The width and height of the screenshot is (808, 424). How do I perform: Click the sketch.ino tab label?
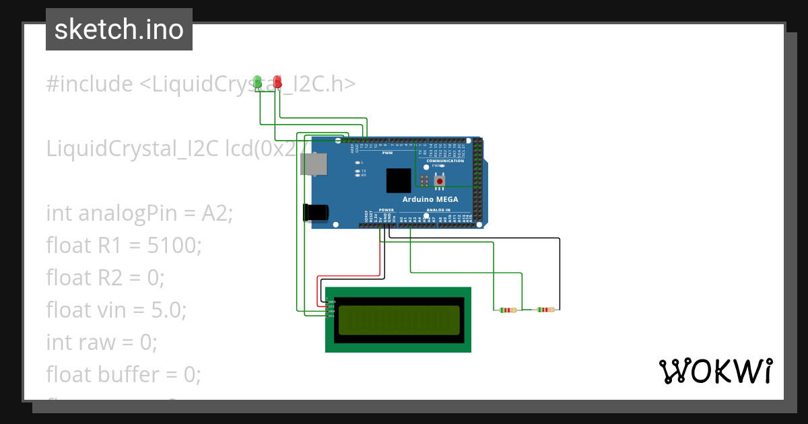coord(119,30)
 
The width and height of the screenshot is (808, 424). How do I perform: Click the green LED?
coord(257,82)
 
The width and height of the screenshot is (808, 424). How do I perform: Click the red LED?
coord(277,82)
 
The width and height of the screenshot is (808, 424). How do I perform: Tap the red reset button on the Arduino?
coord(440,180)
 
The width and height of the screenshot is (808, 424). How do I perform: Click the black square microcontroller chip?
coord(398,180)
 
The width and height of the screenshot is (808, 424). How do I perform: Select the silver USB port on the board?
coord(313,164)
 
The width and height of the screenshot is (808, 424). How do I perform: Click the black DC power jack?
coord(315,213)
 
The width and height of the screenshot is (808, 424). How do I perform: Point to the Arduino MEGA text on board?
coord(430,199)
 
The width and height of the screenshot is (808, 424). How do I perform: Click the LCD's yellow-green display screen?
coord(399,320)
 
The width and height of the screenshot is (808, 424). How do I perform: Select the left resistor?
coord(507,310)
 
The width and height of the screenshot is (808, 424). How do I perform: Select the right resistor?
coord(545,310)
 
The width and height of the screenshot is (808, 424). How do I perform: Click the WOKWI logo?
coord(715,371)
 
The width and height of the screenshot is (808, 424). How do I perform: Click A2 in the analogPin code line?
coord(215,213)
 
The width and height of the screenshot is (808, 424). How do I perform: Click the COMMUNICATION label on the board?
coord(445,161)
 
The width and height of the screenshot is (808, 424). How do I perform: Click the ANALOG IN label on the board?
coord(438,210)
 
